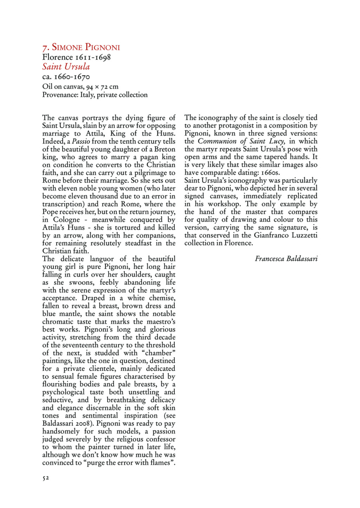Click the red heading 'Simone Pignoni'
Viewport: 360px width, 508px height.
[x=86, y=47]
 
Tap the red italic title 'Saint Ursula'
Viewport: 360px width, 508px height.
[x=66, y=67]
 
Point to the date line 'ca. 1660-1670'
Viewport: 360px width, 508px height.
[x=66, y=77]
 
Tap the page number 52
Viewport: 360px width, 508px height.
[x=46, y=478]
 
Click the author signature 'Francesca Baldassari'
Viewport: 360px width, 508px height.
[x=286, y=259]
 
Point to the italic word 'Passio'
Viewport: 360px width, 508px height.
[x=81, y=141]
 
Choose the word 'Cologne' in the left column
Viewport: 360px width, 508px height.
[x=66, y=220]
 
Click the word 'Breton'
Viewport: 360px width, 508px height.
[x=165, y=149]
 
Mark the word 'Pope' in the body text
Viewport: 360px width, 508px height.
[x=50, y=212]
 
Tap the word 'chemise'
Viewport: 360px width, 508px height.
[x=162, y=298]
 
